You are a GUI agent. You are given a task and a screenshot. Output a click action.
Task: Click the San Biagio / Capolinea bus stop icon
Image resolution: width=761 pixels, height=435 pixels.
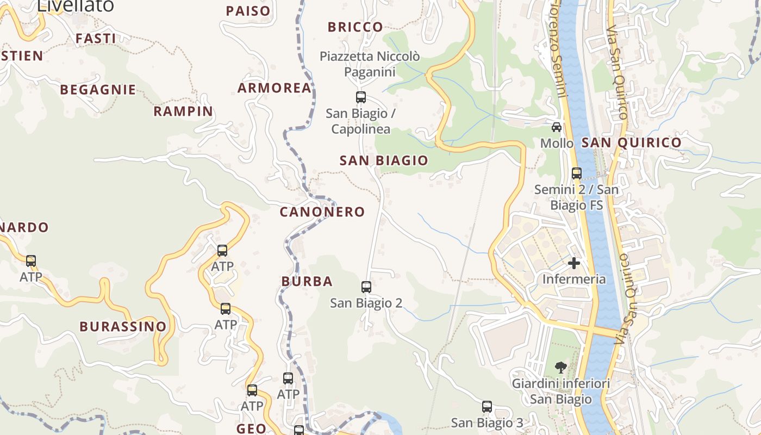coord(360,97)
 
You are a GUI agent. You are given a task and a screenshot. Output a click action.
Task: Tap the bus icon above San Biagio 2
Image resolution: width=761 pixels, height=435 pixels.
coord(366,287)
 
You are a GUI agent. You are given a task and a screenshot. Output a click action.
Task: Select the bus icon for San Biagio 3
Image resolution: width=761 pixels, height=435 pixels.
coord(487,406)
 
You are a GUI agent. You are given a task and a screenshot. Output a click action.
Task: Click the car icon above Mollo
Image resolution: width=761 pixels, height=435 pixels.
coord(557,127)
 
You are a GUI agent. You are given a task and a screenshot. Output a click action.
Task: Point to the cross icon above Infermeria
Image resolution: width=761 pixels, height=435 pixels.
coord(574,263)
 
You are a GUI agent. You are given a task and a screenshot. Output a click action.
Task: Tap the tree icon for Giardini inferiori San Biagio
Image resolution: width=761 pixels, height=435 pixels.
coord(561,368)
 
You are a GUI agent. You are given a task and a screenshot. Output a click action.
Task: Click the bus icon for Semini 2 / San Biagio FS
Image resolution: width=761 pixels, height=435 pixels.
coord(577,173)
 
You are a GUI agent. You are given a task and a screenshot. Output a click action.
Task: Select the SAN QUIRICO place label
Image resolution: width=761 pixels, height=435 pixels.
coord(631,143)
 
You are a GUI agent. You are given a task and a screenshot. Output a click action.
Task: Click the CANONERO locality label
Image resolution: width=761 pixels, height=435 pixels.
coord(322,212)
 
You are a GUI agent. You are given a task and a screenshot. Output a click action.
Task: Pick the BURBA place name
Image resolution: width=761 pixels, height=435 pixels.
coord(307,282)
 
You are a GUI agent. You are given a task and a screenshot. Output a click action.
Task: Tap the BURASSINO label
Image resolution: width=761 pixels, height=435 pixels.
coord(123,327)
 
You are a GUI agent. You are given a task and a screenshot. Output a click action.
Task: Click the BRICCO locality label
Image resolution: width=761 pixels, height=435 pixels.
coord(355,27)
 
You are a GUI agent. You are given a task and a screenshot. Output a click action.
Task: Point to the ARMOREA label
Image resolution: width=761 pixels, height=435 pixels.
coord(275,88)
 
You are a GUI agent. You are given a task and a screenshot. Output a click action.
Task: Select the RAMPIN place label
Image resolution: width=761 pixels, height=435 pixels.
coord(183,111)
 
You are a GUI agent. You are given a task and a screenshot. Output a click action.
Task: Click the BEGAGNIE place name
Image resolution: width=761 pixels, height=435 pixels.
coord(98,90)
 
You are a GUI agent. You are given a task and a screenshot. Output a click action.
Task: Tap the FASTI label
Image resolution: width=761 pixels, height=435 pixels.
coord(96,39)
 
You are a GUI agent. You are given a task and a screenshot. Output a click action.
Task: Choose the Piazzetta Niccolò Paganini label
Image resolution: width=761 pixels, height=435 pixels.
coord(370,64)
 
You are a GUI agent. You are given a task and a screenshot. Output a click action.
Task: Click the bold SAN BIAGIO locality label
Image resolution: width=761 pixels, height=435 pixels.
coord(384,161)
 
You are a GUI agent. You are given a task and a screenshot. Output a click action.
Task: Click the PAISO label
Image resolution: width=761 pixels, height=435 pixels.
coord(248,11)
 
